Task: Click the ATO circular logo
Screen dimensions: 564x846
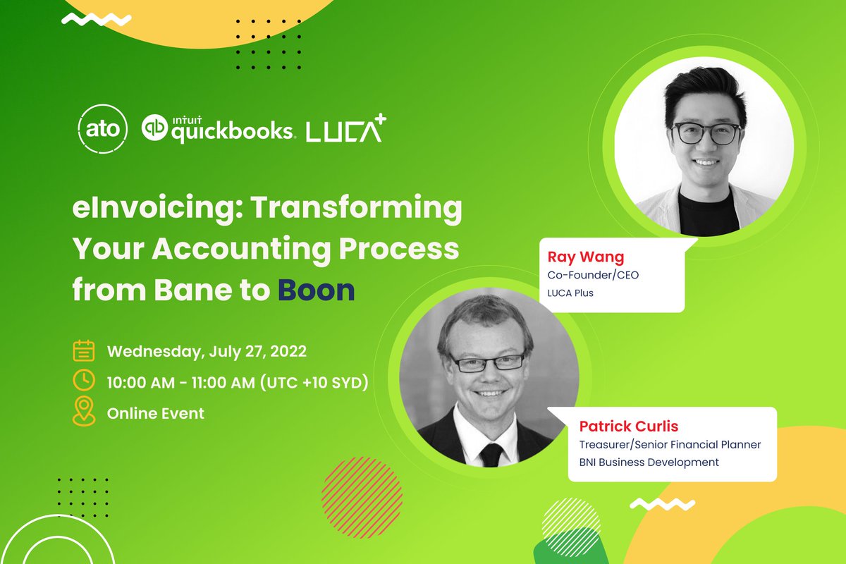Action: click(x=102, y=130)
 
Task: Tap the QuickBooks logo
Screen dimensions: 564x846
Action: click(x=217, y=129)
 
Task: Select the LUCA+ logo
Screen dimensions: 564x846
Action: click(x=345, y=129)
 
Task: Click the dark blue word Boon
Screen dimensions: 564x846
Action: click(x=315, y=290)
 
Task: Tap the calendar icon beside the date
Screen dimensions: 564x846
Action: click(x=84, y=350)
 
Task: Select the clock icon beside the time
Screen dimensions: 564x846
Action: click(x=84, y=381)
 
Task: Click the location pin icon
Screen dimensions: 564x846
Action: click(x=84, y=412)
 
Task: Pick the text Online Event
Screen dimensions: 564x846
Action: click(x=155, y=413)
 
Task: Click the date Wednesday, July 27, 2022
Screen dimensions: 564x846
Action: click(x=207, y=350)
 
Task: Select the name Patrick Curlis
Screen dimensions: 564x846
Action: click(x=629, y=427)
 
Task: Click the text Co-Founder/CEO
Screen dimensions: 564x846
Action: click(x=593, y=275)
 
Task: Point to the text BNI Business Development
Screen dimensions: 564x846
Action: click(x=649, y=462)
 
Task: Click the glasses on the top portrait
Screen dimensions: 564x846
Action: click(x=705, y=133)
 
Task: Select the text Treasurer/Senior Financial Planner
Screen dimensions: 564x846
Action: click(x=670, y=445)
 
